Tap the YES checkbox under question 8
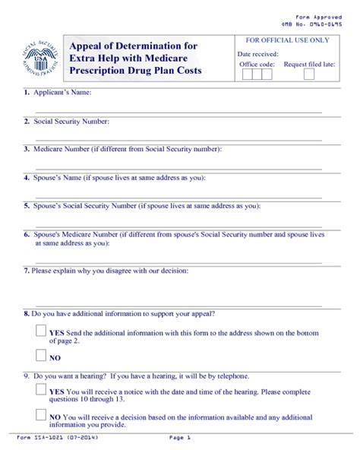point(41,331)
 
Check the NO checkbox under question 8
point(41,355)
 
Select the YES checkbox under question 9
point(41,390)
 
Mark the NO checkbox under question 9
point(41,415)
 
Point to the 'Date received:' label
point(257,54)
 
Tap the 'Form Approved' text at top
point(316,17)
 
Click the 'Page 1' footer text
point(181,439)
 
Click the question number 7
point(26,270)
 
